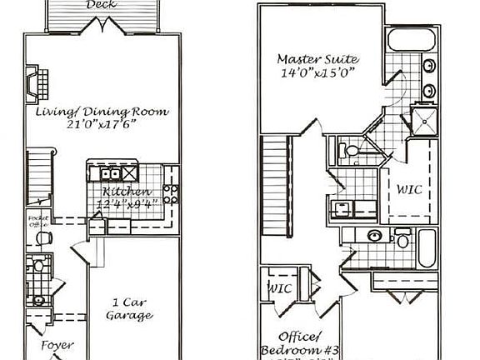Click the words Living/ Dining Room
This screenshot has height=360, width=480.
click(x=102, y=111)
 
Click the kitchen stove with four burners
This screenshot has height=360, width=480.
click(x=169, y=194)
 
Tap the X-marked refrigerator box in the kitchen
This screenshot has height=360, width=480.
click(x=130, y=173)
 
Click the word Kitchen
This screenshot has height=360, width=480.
click(x=122, y=190)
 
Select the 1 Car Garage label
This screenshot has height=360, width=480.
click(x=129, y=309)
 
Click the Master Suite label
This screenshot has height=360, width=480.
click(x=317, y=59)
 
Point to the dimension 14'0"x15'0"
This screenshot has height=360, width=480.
click(x=317, y=72)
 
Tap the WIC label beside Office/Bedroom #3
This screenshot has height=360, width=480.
click(x=277, y=288)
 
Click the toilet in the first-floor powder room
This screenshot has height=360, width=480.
click(x=37, y=267)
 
